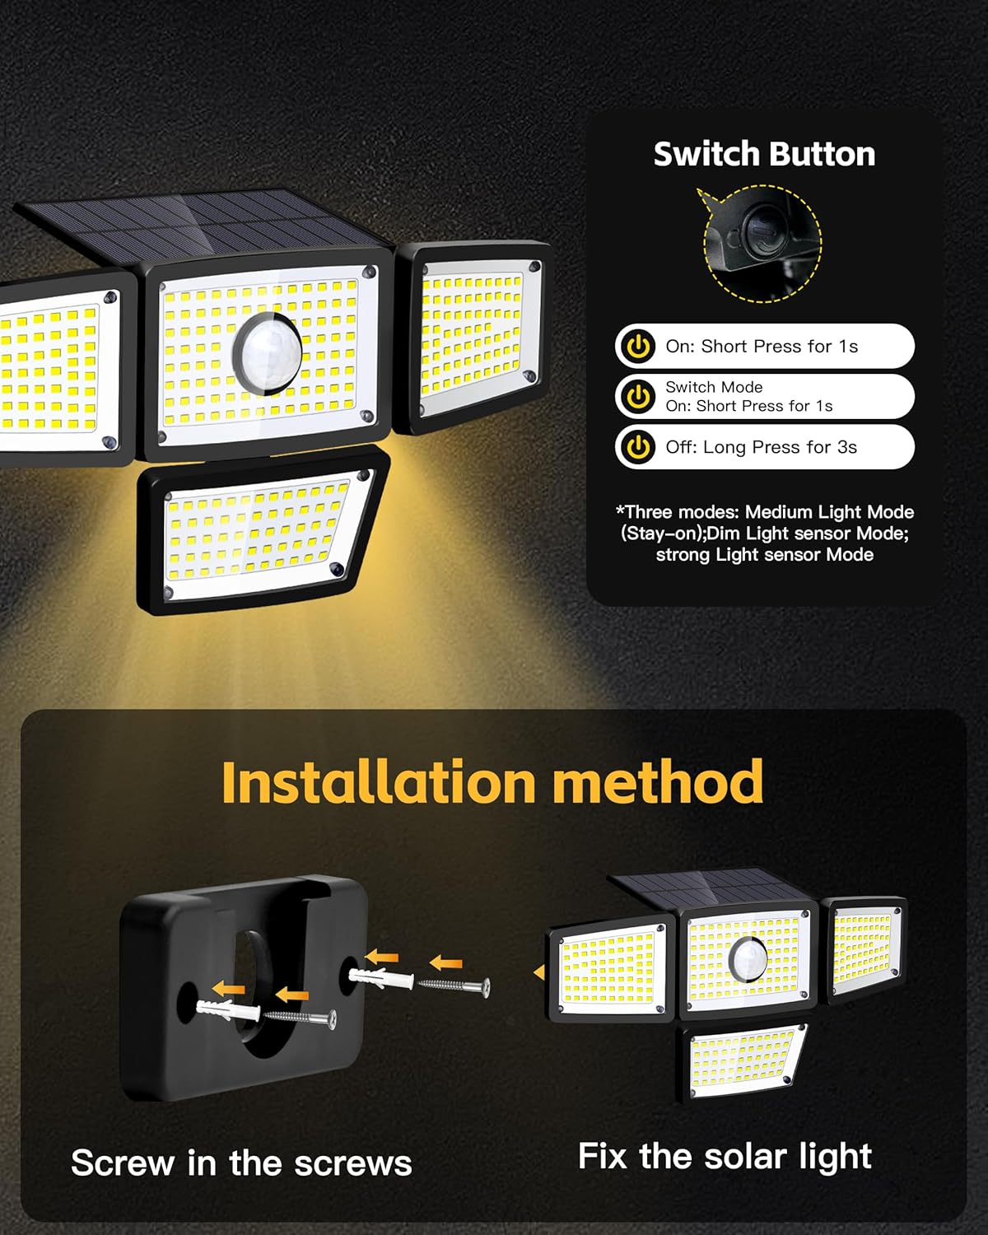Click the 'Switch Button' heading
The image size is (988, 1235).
point(764,154)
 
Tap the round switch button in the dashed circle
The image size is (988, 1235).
point(763,236)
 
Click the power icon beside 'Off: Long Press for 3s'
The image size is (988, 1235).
point(638,446)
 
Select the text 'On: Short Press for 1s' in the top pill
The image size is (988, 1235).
point(762,346)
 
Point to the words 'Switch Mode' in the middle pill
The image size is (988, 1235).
point(714,387)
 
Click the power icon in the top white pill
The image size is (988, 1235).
point(638,346)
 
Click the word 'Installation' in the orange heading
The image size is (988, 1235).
point(379,781)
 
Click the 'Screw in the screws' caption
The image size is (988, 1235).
point(242,1163)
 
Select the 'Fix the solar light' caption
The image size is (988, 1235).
point(725,1156)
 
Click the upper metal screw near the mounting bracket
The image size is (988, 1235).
point(454,985)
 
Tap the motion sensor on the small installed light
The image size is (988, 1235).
point(748,960)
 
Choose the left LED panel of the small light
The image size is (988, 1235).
point(611,971)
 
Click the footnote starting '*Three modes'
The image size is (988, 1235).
point(765,534)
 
